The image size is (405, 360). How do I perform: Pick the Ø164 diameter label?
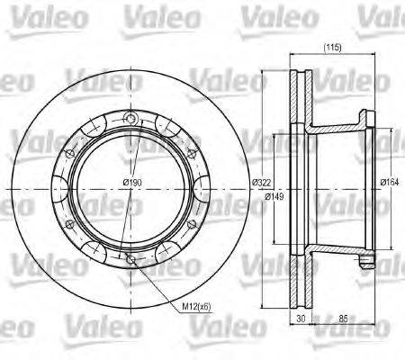pos(388,184)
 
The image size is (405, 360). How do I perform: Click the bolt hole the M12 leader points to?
pos(132,260)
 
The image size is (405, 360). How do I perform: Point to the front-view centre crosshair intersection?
pos(132,188)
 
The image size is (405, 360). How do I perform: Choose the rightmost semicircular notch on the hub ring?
pos(206,188)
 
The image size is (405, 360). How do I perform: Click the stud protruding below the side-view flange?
pos(365,263)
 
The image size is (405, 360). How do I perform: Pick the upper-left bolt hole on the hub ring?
pos(70,152)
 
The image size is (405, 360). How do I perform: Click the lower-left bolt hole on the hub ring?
pos(70,224)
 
